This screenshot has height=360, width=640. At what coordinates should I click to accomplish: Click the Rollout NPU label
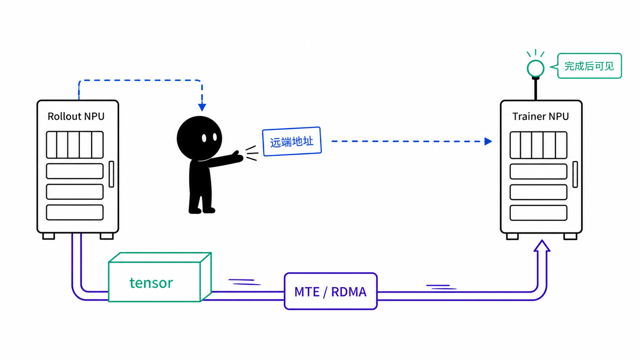tap(76, 116)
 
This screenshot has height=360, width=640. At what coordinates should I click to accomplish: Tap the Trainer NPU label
tap(540, 116)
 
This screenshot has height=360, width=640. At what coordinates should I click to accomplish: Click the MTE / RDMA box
tap(331, 291)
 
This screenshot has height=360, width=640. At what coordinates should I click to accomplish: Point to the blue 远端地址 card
tap(292, 142)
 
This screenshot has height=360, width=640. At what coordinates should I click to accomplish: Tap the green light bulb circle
tap(536, 68)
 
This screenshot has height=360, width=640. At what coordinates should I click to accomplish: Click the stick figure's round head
tap(199, 138)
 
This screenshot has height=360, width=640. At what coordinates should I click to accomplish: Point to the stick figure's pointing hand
tap(238, 156)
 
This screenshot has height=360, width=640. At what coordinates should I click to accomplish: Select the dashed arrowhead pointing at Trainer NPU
tap(488, 141)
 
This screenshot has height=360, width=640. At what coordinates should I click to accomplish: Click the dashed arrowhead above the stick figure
tap(202, 108)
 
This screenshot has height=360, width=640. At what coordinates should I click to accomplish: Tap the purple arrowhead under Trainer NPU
tap(542, 246)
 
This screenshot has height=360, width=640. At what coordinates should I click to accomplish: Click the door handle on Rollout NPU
tap(111, 174)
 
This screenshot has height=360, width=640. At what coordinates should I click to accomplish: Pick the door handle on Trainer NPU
tap(575, 174)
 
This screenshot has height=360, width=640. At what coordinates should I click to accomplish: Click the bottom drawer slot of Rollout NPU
tap(75, 212)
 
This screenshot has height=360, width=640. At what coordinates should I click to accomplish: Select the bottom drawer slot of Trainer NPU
tap(538, 213)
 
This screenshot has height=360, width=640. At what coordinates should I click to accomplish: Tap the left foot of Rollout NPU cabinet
tap(49, 236)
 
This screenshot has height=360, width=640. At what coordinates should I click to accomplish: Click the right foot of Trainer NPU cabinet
tap(570, 237)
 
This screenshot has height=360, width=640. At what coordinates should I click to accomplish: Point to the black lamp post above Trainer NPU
tap(536, 89)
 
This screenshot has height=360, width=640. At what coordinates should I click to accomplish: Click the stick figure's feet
tap(202, 210)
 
